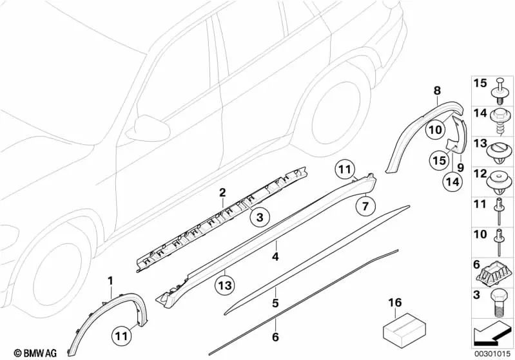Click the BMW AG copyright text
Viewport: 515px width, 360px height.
coord(24,353)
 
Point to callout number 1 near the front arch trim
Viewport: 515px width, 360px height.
coord(110,280)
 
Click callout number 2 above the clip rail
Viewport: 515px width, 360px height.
coord(222,193)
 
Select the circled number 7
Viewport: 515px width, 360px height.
coord(364,206)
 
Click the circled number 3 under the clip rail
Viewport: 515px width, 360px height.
coord(260,218)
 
